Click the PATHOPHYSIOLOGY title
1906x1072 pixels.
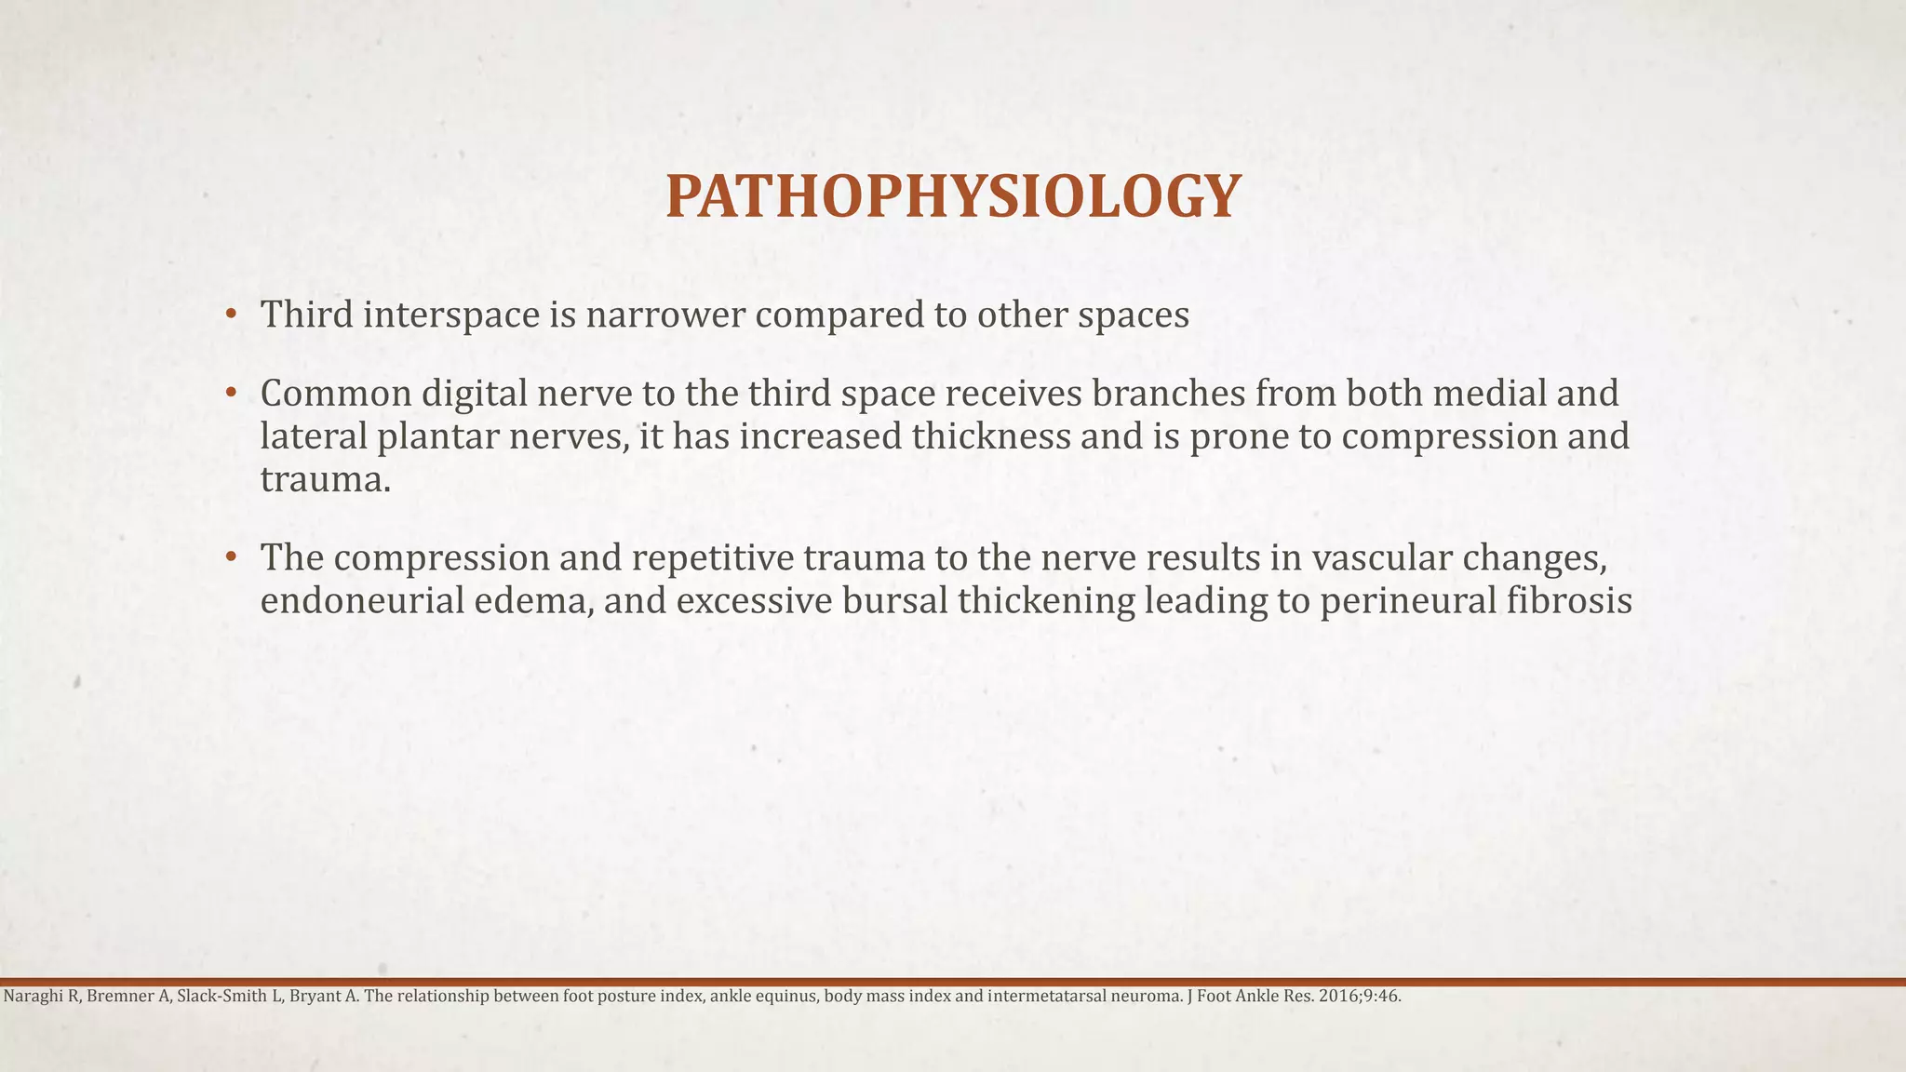pyautogui.click(x=953, y=197)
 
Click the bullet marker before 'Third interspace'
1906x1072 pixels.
pyautogui.click(x=231, y=315)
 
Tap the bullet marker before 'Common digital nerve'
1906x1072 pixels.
pyautogui.click(x=231, y=394)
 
